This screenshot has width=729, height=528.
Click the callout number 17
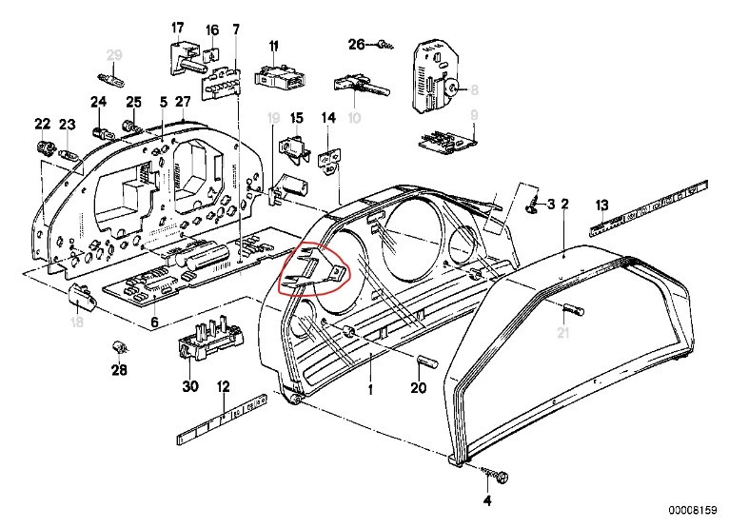(177, 27)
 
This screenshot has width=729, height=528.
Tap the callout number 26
(357, 44)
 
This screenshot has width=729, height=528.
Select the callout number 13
(601, 205)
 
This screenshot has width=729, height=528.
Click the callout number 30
(189, 388)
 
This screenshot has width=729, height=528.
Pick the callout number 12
(224, 387)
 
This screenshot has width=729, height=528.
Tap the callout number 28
(119, 370)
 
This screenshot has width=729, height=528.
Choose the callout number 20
(419, 388)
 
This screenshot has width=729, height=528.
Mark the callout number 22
(42, 124)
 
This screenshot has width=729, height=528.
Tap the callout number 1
(372, 388)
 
